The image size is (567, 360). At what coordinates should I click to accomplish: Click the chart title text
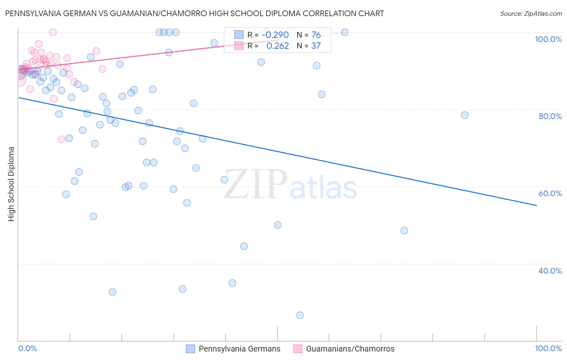[194, 13]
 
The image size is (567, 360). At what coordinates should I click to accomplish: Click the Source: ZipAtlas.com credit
[531, 13]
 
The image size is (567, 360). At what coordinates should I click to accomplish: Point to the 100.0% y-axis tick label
[548, 39]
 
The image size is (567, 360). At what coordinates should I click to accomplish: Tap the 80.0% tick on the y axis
[550, 116]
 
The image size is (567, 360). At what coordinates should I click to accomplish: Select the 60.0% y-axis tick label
[550, 193]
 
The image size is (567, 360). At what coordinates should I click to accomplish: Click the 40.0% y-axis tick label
[550, 271]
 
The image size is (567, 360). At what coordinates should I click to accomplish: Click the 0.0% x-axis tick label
[27, 348]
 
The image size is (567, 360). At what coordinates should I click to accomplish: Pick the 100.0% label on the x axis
[548, 348]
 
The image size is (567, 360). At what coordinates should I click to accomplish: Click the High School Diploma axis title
[11, 184]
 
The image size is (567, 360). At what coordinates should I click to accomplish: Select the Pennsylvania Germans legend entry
[239, 349]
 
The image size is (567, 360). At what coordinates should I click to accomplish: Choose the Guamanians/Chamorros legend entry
[350, 349]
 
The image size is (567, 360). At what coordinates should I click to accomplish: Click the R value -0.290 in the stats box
[275, 35]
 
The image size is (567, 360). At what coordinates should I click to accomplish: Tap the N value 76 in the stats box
[316, 35]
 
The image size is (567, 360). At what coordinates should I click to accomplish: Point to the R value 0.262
[277, 46]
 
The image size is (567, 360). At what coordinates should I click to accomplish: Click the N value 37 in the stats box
[316, 46]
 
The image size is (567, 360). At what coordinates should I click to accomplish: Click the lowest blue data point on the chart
[300, 315]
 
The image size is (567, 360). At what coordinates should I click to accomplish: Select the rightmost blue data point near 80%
[465, 115]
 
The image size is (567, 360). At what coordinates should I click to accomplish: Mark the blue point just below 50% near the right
[404, 230]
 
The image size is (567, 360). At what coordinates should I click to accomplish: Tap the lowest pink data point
[61, 139]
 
